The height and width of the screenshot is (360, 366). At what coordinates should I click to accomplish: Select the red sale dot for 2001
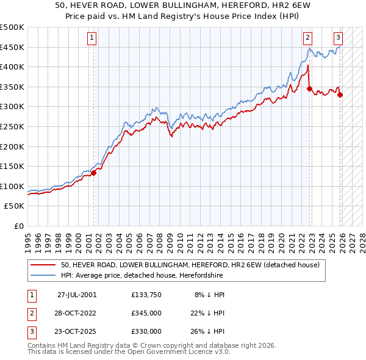coord(94,173)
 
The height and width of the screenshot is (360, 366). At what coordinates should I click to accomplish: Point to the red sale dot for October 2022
coord(310,88)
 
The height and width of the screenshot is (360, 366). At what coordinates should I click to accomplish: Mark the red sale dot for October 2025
coord(340,95)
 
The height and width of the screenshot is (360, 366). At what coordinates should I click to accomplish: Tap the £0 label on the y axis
coord(19,226)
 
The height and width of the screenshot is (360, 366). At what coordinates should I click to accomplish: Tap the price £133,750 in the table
coord(146,295)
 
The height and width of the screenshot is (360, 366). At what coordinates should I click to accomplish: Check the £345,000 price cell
coord(146,313)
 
